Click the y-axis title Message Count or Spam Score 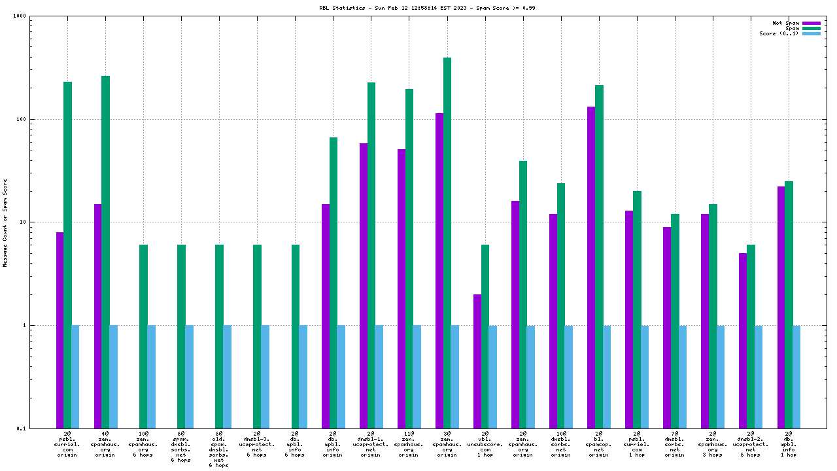coord(5,223)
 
